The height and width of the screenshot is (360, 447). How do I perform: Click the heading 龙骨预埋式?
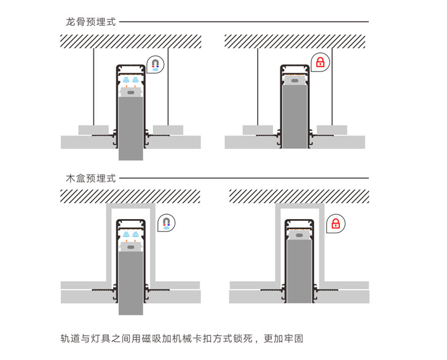[91, 22]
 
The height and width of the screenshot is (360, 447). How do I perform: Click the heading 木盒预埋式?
[91, 178]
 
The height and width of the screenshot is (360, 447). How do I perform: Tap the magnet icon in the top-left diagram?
[156, 64]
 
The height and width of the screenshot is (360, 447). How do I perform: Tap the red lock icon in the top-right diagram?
[320, 62]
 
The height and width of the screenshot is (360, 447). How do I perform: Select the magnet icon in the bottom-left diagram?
[165, 223]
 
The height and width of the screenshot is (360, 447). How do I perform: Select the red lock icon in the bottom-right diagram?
[336, 223]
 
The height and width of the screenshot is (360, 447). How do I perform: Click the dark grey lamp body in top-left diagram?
[130, 129]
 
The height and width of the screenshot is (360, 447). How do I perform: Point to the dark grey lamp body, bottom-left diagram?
[130, 283]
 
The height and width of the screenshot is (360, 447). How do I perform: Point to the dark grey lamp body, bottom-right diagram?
[299, 271]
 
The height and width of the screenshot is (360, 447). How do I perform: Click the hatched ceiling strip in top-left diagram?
[130, 41]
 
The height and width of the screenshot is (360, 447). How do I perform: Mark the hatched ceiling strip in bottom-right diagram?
[299, 196]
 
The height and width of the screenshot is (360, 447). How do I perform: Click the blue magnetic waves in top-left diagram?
[130, 80]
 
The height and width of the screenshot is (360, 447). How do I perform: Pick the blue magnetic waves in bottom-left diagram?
[130, 234]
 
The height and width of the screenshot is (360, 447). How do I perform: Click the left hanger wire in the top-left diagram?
[93, 86]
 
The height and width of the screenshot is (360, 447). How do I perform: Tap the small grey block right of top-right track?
[332, 130]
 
